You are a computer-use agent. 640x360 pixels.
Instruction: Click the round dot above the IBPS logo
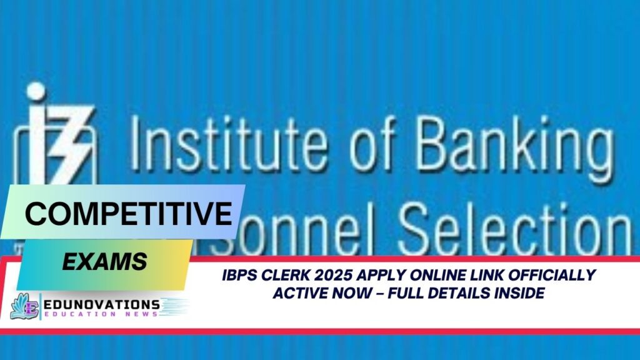pos(36,91)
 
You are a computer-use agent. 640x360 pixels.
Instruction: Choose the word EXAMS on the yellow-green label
pos(104,261)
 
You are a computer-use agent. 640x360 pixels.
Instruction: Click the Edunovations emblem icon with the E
pos(24,307)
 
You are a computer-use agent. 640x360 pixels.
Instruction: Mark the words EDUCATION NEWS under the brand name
pos(100,314)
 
